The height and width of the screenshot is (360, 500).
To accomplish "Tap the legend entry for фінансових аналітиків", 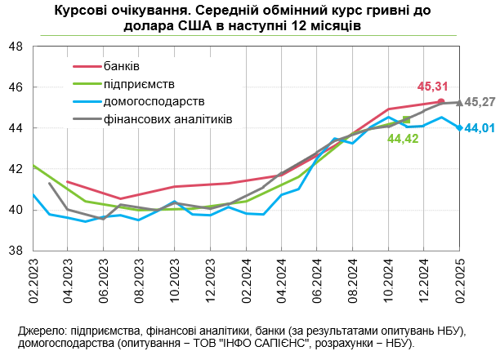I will [x=168, y=119].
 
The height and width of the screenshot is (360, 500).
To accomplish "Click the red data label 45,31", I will [x=431, y=86].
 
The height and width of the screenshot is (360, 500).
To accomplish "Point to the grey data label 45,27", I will [x=481, y=102].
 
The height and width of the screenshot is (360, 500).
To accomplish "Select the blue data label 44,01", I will [x=481, y=128].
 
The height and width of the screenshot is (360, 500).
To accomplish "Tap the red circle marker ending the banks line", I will [x=441, y=101].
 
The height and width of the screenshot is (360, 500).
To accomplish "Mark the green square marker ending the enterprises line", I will [x=406, y=120].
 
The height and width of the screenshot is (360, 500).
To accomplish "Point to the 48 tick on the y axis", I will [x=16, y=47].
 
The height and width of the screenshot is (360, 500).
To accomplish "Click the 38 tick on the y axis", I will [x=16, y=251].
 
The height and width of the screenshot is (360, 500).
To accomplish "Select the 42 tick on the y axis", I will [x=16, y=169].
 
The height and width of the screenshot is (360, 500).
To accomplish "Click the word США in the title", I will [x=223, y=25].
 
